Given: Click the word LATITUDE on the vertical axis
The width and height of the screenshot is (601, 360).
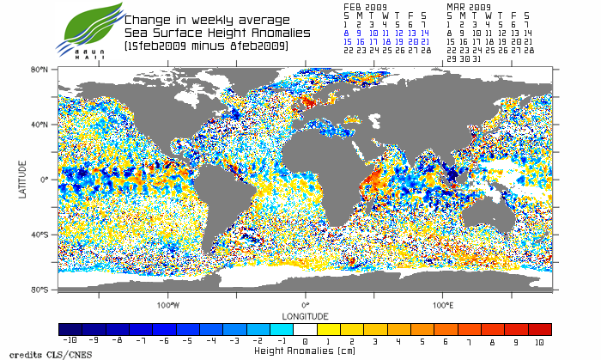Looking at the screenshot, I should (x=23, y=179).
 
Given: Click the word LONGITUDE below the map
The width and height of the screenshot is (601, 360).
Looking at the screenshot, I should (x=305, y=314).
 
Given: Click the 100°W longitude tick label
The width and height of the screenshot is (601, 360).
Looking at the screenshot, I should (x=168, y=304).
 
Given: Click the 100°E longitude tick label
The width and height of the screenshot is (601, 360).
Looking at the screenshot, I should (x=442, y=304).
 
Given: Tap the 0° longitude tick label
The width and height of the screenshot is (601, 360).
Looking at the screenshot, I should (x=305, y=304).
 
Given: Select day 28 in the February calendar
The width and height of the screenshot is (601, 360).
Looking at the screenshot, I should (x=427, y=51).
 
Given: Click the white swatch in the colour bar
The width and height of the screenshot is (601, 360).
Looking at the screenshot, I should (x=306, y=329).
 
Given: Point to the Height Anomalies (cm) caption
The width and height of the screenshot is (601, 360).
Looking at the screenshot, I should (x=306, y=351).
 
